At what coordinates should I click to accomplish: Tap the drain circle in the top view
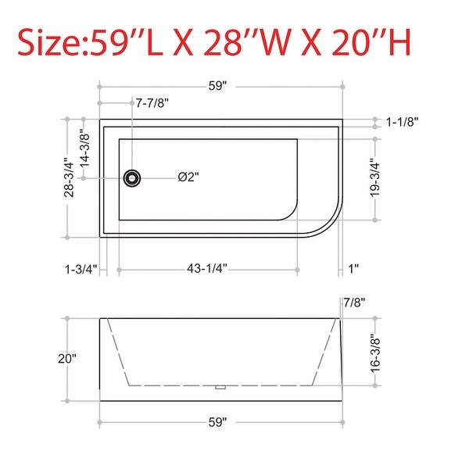134,178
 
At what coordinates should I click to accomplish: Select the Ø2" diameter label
188,178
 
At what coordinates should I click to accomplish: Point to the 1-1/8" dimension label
403,121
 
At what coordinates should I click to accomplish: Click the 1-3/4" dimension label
81,269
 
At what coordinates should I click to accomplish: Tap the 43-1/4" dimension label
207,269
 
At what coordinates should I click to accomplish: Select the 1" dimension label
353,269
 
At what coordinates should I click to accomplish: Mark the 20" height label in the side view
68,359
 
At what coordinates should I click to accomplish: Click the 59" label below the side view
218,423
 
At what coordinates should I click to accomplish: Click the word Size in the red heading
48,42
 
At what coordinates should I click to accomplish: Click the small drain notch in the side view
220,386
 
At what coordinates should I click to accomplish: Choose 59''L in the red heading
125,42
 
